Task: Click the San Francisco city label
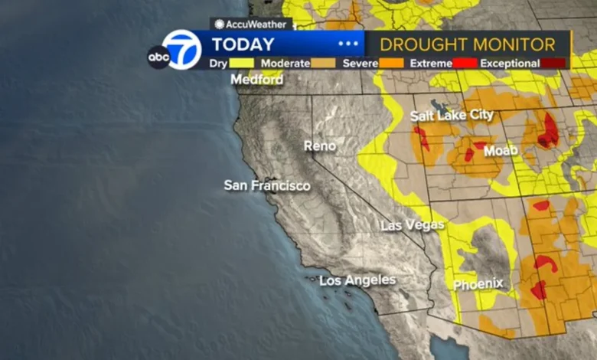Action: pos(267,185)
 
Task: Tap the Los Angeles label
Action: pos(357,280)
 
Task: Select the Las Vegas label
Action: pos(413,225)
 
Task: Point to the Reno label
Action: pos(320,146)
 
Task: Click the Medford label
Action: pos(257,80)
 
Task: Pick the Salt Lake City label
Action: pos(452,116)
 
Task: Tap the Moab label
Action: pos(501,151)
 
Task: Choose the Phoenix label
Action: pos(478,284)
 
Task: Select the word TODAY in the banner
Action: pos(243,44)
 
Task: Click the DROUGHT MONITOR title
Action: pos(468,44)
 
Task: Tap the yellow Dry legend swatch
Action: pos(241,64)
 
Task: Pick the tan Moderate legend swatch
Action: pos(323,64)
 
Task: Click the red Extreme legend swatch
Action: pos(465,64)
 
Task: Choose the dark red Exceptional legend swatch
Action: pos(555,64)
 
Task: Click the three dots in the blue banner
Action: pos(348,44)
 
